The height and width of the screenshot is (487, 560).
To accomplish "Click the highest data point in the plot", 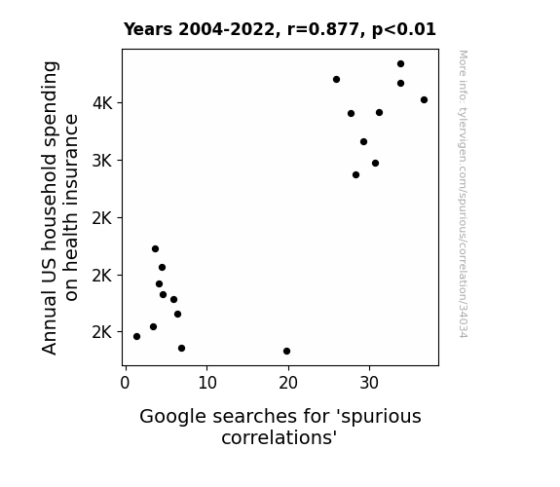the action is click(400, 64).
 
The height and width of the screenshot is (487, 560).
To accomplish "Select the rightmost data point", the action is click(424, 100).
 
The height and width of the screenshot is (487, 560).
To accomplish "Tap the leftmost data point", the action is click(136, 337).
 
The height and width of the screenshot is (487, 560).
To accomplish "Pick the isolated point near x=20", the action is click(286, 352).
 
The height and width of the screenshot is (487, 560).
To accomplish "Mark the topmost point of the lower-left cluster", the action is click(156, 249).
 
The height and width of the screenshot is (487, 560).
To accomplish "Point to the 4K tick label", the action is click(102, 103).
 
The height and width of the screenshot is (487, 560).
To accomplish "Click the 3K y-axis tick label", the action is click(102, 161).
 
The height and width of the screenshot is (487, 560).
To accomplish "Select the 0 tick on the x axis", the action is click(125, 383).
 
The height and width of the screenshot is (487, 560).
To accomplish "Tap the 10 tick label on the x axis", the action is click(207, 383).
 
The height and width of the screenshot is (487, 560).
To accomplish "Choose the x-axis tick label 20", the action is click(288, 383).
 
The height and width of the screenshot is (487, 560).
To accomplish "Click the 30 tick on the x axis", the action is click(369, 383).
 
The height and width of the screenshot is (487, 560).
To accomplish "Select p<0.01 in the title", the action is click(404, 30).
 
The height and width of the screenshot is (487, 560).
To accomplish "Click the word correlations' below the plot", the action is click(280, 437).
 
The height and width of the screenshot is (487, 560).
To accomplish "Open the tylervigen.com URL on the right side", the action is click(463, 195).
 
